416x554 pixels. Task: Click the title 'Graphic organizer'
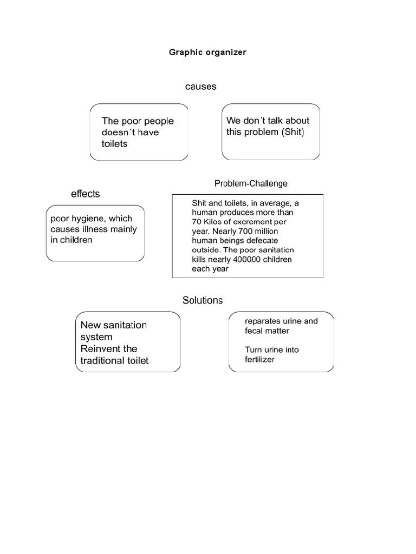coord(208,53)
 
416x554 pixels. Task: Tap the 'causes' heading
coord(200,87)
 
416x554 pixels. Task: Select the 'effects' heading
coord(85,194)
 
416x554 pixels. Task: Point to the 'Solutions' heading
coord(203,300)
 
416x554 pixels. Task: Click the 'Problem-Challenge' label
coord(250,184)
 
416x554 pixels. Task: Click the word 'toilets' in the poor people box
coord(114,144)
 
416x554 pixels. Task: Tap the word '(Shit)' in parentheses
coord(292,133)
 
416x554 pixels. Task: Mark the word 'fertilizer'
coord(259,359)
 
